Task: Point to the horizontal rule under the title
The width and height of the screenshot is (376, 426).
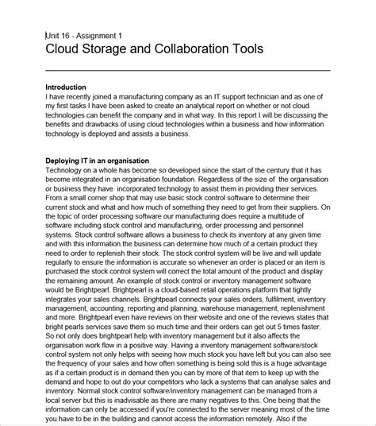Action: pyautogui.click(x=187, y=71)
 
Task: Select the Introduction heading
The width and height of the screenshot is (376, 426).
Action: pyautogui.click(x=66, y=87)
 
